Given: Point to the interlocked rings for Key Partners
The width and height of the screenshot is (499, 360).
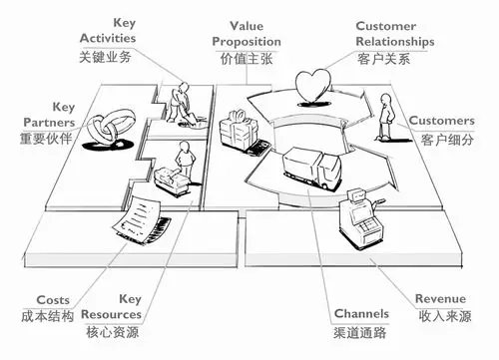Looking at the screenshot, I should point(108,128).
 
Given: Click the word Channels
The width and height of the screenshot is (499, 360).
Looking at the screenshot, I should point(361,311).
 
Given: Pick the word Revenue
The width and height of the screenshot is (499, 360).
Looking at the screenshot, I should point(441,297).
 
